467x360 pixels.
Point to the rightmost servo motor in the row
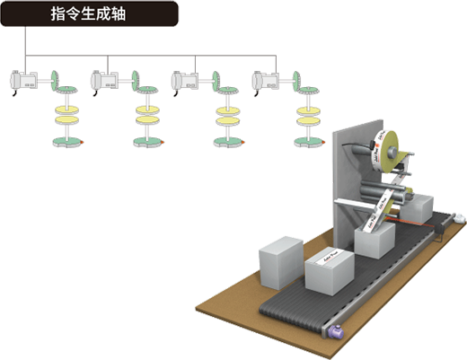(264, 82)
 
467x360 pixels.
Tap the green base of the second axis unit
(146, 137)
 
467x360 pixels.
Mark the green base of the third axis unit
(228, 137)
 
